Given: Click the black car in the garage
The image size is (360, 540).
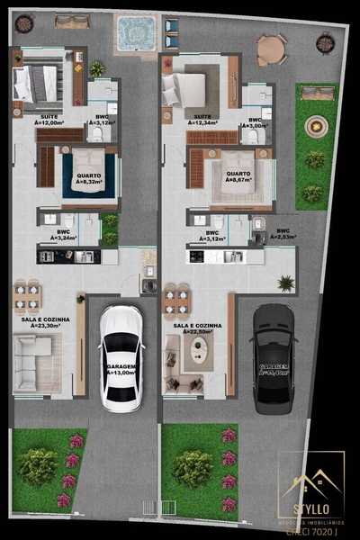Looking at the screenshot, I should click(x=274, y=357).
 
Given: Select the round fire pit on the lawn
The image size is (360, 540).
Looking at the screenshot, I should click(x=316, y=126).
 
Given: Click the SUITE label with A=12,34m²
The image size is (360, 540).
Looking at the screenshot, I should click(x=202, y=120).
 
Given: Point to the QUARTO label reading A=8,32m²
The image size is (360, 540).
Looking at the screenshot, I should click(x=88, y=178).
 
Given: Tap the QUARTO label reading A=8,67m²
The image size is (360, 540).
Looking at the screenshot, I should click(x=238, y=178).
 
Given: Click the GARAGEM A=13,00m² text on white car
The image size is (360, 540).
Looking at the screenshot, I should click(x=121, y=370).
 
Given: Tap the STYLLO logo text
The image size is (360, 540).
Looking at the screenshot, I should click(x=310, y=509).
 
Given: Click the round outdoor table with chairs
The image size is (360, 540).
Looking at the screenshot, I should click(x=270, y=49).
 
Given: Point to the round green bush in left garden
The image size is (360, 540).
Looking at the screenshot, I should click(x=38, y=465).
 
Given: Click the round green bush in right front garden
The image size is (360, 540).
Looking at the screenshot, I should click(x=192, y=467).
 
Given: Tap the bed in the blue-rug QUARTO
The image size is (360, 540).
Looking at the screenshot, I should click(x=88, y=167).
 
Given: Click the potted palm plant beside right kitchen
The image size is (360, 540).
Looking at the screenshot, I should click(x=286, y=283).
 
